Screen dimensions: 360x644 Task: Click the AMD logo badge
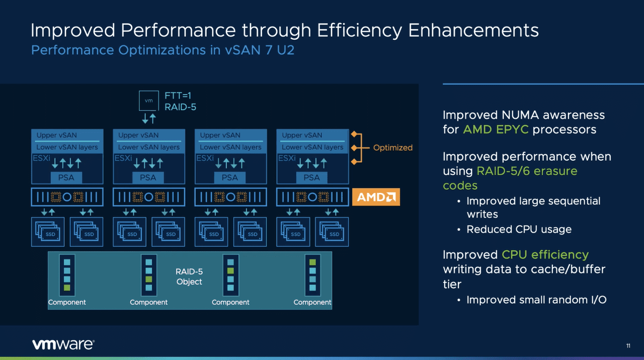376,197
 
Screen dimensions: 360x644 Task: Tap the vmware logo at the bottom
63,344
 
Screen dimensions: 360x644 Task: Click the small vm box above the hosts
148,101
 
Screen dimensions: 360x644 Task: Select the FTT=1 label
178,95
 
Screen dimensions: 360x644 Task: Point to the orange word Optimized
392,148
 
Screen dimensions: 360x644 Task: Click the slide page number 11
628,346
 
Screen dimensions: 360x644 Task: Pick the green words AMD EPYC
496,129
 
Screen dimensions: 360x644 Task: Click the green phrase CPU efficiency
545,254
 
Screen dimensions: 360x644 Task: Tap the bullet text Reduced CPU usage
519,229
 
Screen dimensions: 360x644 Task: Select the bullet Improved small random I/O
536,300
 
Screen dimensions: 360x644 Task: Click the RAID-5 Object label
189,276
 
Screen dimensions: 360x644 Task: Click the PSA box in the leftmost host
66,177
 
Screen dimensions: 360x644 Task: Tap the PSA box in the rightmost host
311,177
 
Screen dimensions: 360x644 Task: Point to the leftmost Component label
67,302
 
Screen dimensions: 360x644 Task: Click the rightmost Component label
312,302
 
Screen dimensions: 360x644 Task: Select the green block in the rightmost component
312,262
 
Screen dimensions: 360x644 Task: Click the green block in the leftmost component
67,288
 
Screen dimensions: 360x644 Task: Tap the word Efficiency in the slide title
353,30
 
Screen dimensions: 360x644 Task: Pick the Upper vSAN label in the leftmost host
56,135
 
